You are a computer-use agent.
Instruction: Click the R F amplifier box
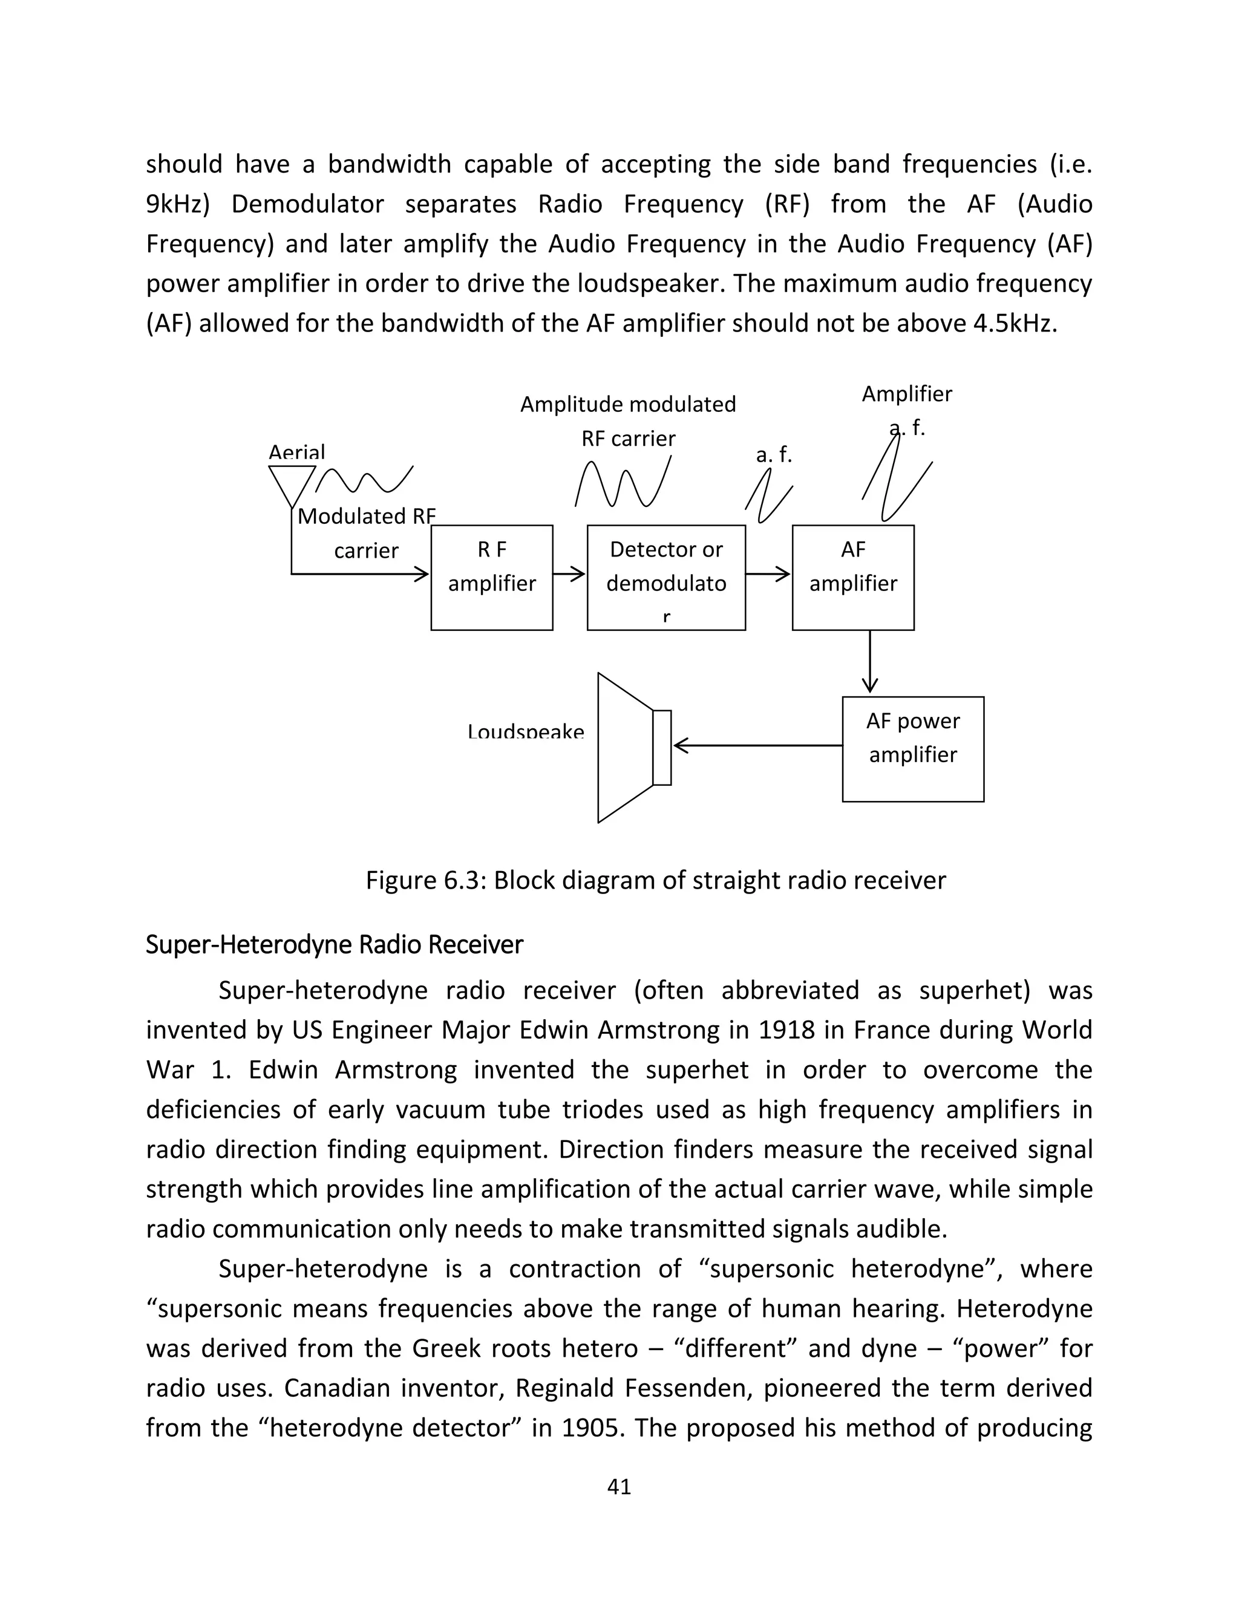pyautogui.click(x=491, y=577)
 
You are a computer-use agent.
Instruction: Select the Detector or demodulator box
pyautogui.click(x=665, y=577)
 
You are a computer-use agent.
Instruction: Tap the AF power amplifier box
pyautogui.click(x=912, y=749)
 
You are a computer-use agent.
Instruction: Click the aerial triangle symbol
pyautogui.click(x=292, y=485)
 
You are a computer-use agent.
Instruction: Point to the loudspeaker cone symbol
pyautogui.click(x=626, y=747)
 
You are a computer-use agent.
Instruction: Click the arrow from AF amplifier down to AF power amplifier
pyautogui.click(x=870, y=661)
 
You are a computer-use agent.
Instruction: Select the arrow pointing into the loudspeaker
pyautogui.click(x=756, y=746)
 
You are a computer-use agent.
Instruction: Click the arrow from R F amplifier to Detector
pyautogui.click(x=569, y=574)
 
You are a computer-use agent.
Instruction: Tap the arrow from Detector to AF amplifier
pyautogui.click(x=768, y=574)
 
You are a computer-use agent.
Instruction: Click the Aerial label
pyautogui.click(x=296, y=452)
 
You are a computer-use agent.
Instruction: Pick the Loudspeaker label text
pyautogui.click(x=526, y=732)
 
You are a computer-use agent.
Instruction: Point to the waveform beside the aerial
pyautogui.click(x=365, y=480)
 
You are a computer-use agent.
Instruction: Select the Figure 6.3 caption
pyautogui.click(x=655, y=880)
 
